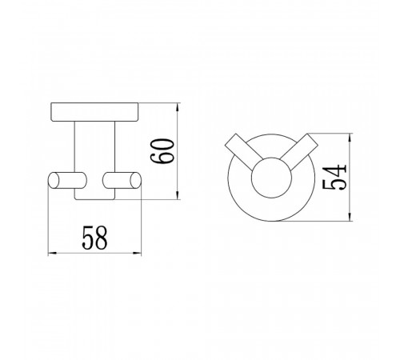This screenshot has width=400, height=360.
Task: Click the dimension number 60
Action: tap(162, 151)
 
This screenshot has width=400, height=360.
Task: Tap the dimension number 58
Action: tap(94, 238)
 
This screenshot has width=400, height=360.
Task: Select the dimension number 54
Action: tap(334, 177)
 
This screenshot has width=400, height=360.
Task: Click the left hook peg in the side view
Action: tap(67, 180)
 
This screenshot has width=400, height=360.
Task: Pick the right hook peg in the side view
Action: tap(122, 180)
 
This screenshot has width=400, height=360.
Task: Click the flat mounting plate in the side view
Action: tap(94, 112)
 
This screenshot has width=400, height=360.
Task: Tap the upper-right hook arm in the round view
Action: tap(300, 151)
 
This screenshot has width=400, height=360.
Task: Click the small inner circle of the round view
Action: tap(271, 178)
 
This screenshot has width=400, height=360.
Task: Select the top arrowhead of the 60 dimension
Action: tap(178, 108)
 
